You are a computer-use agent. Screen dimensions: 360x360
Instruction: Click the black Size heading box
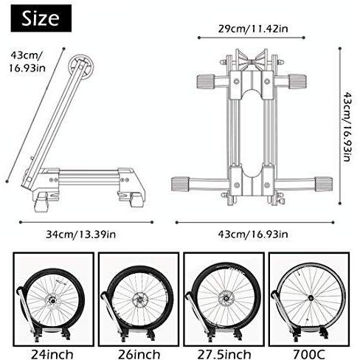[41, 18]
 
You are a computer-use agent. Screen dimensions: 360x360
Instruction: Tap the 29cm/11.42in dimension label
[253, 29]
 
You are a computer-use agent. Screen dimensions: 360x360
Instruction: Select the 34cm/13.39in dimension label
[80, 235]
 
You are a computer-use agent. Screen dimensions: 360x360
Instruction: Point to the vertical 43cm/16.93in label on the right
[347, 127]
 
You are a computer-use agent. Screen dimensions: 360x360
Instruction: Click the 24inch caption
[52, 355]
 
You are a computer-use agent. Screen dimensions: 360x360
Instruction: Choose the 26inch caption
[139, 355]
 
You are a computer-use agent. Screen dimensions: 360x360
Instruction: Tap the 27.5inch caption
[224, 355]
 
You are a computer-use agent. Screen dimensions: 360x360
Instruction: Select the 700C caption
[309, 355]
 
